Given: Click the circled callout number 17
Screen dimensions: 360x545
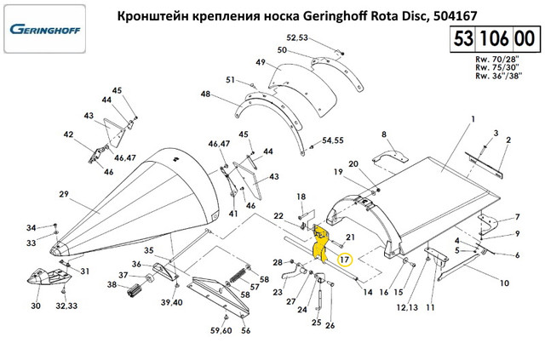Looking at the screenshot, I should point(344,259).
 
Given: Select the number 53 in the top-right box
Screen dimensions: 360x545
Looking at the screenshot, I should point(463,40).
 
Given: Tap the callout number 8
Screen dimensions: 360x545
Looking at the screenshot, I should point(384,134).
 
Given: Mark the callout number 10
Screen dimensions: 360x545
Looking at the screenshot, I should point(503,283).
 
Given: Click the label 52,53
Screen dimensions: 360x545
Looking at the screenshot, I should point(296,37).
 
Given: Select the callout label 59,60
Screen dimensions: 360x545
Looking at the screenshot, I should point(221,330).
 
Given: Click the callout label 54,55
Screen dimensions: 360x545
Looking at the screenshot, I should point(332,140).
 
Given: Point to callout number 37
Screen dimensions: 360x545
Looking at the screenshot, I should point(123,276).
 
